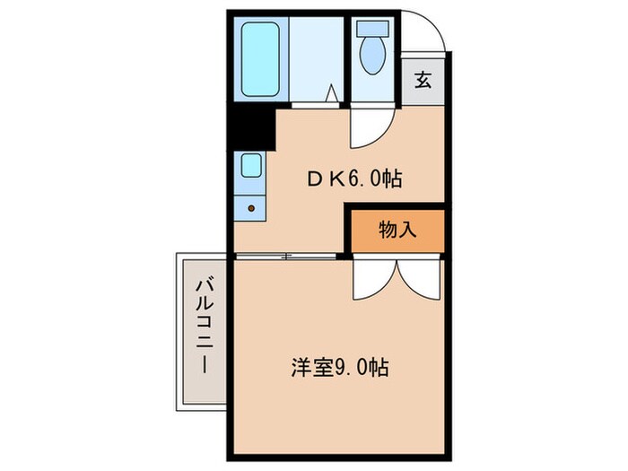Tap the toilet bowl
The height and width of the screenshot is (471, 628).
click(x=371, y=55)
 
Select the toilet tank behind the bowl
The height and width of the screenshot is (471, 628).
click(x=371, y=27)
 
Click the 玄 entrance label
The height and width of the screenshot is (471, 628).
click(x=423, y=81)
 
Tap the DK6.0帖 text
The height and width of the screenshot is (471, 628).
click(x=353, y=179)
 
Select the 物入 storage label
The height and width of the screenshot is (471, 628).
click(x=397, y=229)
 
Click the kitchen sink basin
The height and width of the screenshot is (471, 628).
click(x=252, y=166)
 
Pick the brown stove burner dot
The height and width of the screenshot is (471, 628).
click(x=251, y=209)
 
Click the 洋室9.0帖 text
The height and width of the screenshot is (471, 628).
click(x=339, y=367)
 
